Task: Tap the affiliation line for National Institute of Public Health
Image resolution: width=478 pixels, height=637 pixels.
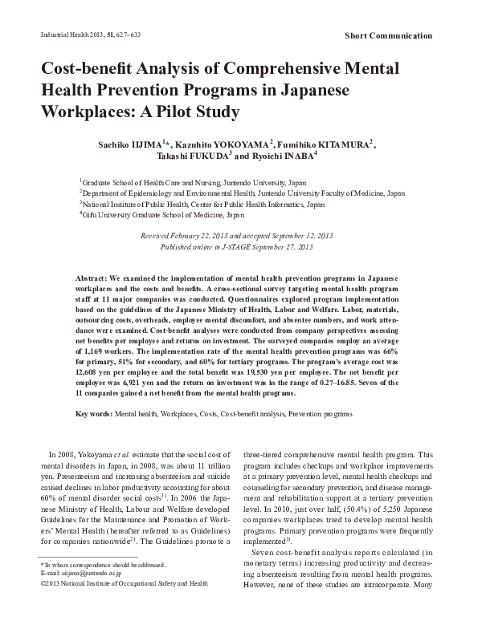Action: (202, 205)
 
